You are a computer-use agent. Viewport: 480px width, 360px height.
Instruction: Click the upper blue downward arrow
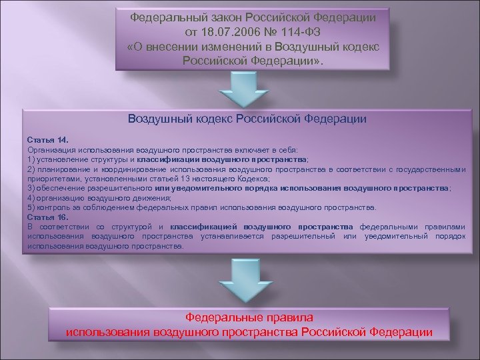point(246,87)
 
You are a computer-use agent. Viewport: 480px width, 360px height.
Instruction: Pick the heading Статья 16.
point(48,217)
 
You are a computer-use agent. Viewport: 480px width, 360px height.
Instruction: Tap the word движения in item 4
point(153,198)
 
